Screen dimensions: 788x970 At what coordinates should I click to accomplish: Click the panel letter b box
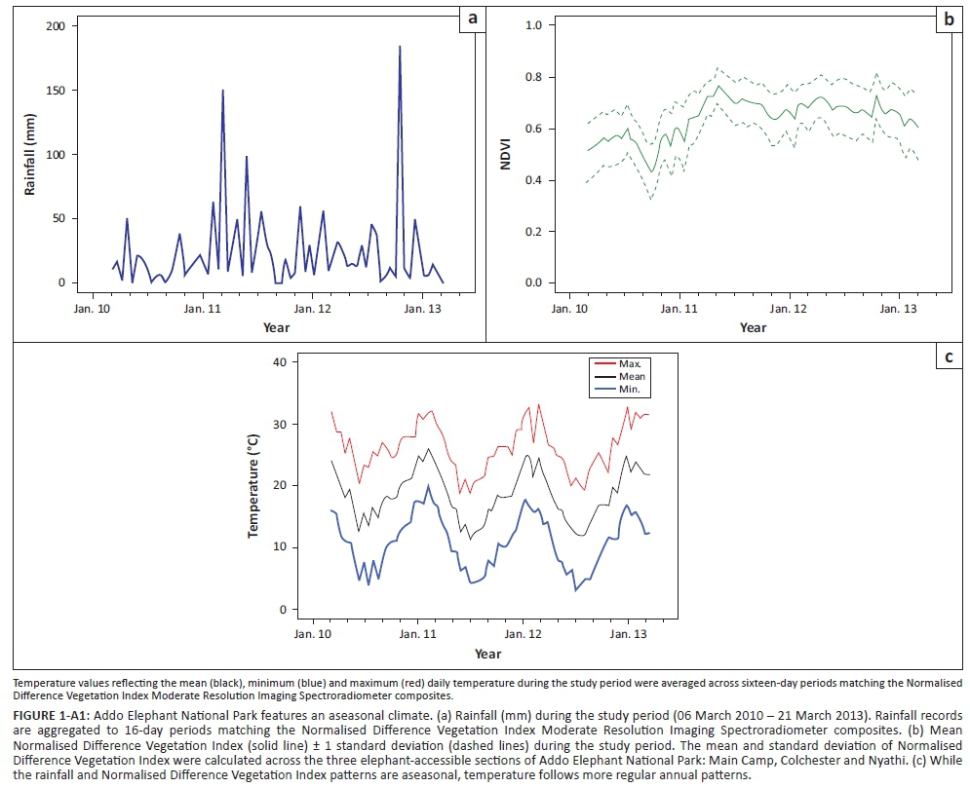click(947, 17)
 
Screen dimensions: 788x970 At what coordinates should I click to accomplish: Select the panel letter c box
click(947, 357)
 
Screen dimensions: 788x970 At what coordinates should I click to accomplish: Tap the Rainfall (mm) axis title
click(31, 154)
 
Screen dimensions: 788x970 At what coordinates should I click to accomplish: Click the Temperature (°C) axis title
click(252, 486)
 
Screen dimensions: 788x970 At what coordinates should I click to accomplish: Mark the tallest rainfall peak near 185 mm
click(400, 47)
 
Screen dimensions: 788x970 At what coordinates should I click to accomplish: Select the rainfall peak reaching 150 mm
click(223, 91)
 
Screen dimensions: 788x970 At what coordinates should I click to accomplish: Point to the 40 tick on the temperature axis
click(281, 362)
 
